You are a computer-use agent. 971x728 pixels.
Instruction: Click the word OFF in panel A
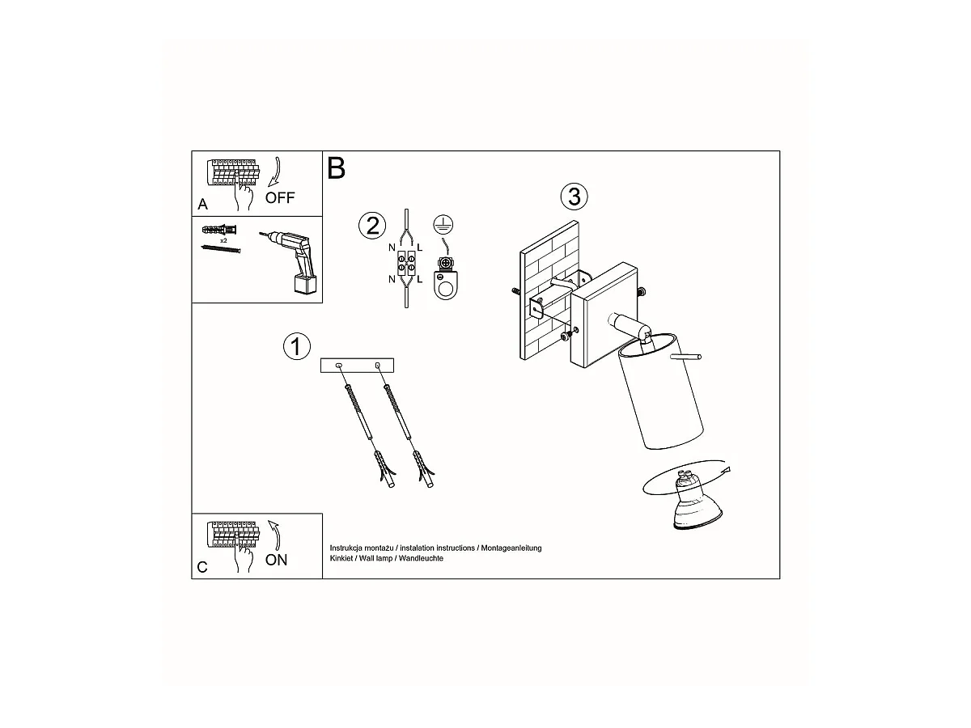pyautogui.click(x=280, y=197)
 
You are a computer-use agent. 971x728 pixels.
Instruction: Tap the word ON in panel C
pyautogui.click(x=276, y=560)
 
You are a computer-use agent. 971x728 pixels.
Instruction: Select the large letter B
pyautogui.click(x=336, y=168)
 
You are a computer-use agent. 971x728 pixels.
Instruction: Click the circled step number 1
pyautogui.click(x=297, y=346)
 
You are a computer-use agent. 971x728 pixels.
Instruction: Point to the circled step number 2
pyautogui.click(x=372, y=226)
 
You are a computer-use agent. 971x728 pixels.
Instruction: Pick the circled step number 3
pyautogui.click(x=575, y=197)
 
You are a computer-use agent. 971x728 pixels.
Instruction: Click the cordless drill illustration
pyautogui.click(x=290, y=261)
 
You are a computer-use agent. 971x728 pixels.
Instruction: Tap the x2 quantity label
pyautogui.click(x=223, y=241)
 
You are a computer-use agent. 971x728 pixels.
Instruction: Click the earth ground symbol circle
pyautogui.click(x=443, y=224)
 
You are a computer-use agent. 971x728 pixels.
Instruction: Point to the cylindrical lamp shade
pyautogui.click(x=659, y=392)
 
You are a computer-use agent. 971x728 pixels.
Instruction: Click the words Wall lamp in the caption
pyautogui.click(x=375, y=558)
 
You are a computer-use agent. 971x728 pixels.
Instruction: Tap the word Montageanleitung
pyautogui.click(x=511, y=548)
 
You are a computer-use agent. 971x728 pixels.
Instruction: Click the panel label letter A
pyautogui.click(x=202, y=204)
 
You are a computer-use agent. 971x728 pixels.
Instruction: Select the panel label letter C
pyautogui.click(x=202, y=568)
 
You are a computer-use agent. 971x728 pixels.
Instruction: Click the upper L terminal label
pyautogui.click(x=419, y=248)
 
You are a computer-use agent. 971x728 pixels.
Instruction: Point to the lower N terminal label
pyautogui.click(x=392, y=279)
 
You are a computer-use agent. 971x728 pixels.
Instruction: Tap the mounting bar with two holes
pyautogui.click(x=357, y=365)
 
